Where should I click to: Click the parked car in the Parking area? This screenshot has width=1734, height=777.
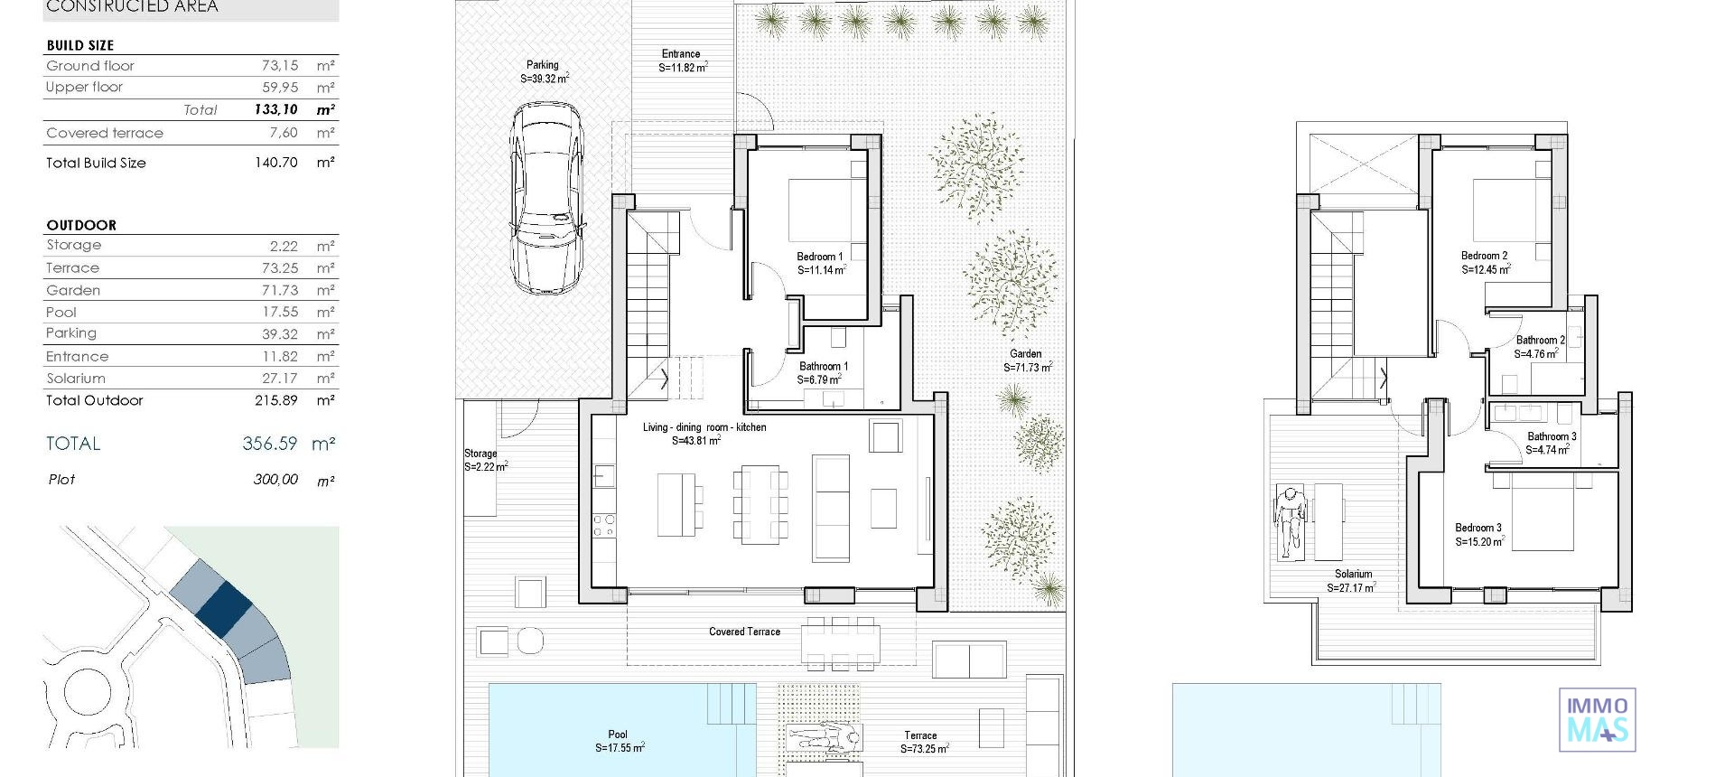[x=546, y=199]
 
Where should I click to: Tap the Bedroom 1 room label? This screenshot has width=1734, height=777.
[x=820, y=263]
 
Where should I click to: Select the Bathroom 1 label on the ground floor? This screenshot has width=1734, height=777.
[x=823, y=373]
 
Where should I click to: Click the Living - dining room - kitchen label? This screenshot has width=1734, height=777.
[x=704, y=434]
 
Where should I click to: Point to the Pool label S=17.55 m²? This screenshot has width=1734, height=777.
[x=619, y=741]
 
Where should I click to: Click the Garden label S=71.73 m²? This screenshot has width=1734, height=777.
[x=1027, y=360]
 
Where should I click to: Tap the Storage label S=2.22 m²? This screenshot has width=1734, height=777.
[x=485, y=460]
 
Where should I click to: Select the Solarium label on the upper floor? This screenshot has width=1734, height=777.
[x=1352, y=580]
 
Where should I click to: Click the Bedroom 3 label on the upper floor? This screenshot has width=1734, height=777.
[x=1478, y=535]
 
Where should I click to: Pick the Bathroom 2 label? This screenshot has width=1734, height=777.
[x=1540, y=347]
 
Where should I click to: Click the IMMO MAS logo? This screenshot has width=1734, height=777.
[x=1597, y=719]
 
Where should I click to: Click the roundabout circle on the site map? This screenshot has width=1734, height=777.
[x=90, y=694]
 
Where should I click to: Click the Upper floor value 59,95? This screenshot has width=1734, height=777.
[x=280, y=88]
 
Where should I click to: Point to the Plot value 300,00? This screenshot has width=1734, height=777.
[x=275, y=480]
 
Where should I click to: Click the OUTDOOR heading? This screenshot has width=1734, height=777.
[x=81, y=225]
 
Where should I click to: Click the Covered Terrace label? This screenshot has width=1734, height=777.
[x=744, y=632]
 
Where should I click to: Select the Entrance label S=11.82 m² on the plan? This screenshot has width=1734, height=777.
[x=682, y=61]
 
